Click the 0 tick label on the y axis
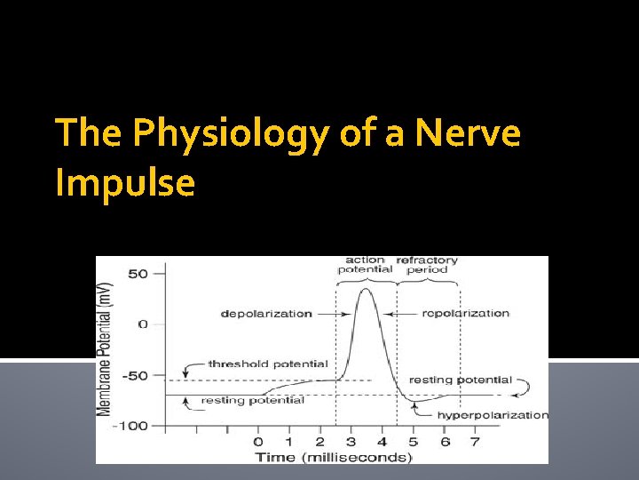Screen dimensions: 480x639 [x=142, y=324]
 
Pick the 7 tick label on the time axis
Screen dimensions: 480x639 [x=474, y=442]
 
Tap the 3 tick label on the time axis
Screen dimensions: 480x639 [x=351, y=442]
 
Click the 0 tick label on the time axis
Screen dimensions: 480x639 [x=258, y=442]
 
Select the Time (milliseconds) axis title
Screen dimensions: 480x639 [x=334, y=457]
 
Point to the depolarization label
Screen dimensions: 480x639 [x=267, y=313]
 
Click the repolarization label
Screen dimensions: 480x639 [x=466, y=313]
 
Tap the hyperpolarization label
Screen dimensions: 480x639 [x=493, y=415]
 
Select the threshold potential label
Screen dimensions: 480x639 [x=268, y=364]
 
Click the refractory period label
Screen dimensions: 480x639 [x=427, y=265]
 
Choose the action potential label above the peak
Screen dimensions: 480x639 [x=365, y=265]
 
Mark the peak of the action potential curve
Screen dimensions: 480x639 [x=366, y=288]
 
